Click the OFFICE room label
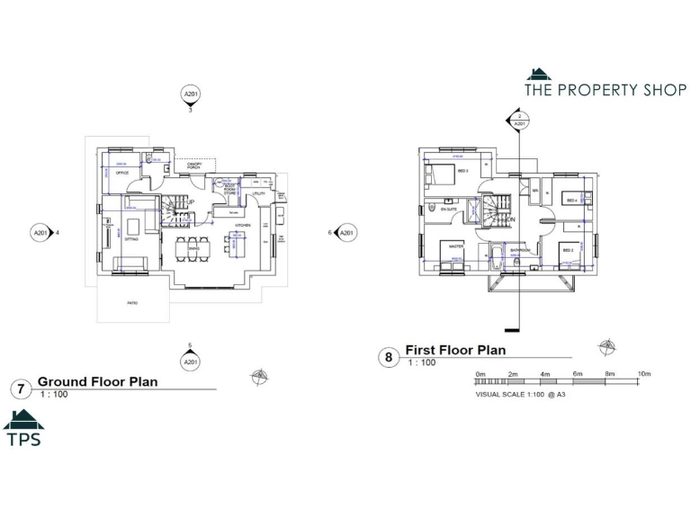[x=121, y=173]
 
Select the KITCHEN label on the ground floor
[x=242, y=225]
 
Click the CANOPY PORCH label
[x=193, y=165]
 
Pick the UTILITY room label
[x=257, y=193]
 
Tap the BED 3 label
[x=463, y=171]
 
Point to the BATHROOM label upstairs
[x=520, y=249]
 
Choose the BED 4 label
[x=570, y=198]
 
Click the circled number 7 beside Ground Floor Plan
[x=20, y=389]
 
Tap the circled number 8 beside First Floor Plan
[x=389, y=357]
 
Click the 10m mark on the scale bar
[x=643, y=373]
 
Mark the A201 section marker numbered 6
[x=347, y=233]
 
